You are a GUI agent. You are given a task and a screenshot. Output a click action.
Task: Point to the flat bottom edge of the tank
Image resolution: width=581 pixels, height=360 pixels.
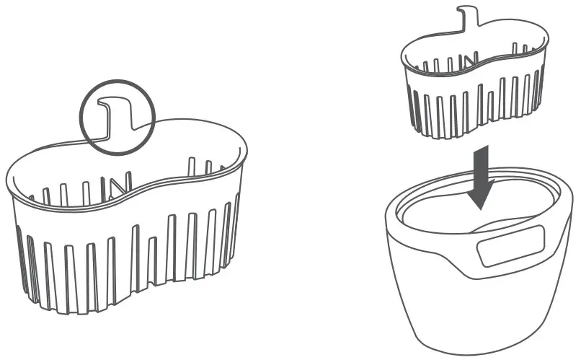[476, 352]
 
